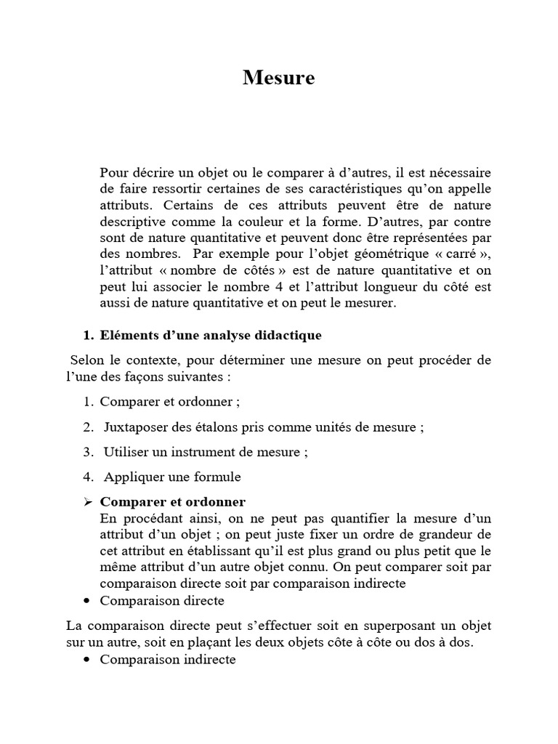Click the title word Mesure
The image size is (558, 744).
[x=279, y=78]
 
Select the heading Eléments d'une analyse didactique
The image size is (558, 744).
[x=211, y=336]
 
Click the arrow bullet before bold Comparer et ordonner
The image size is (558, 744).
[x=88, y=502]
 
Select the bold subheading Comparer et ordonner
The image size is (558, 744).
[x=172, y=502]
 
